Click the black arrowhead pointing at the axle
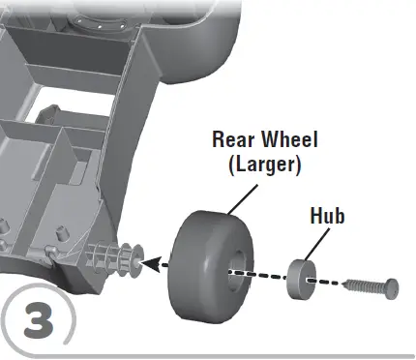[149, 261]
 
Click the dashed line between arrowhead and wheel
[164, 263]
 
